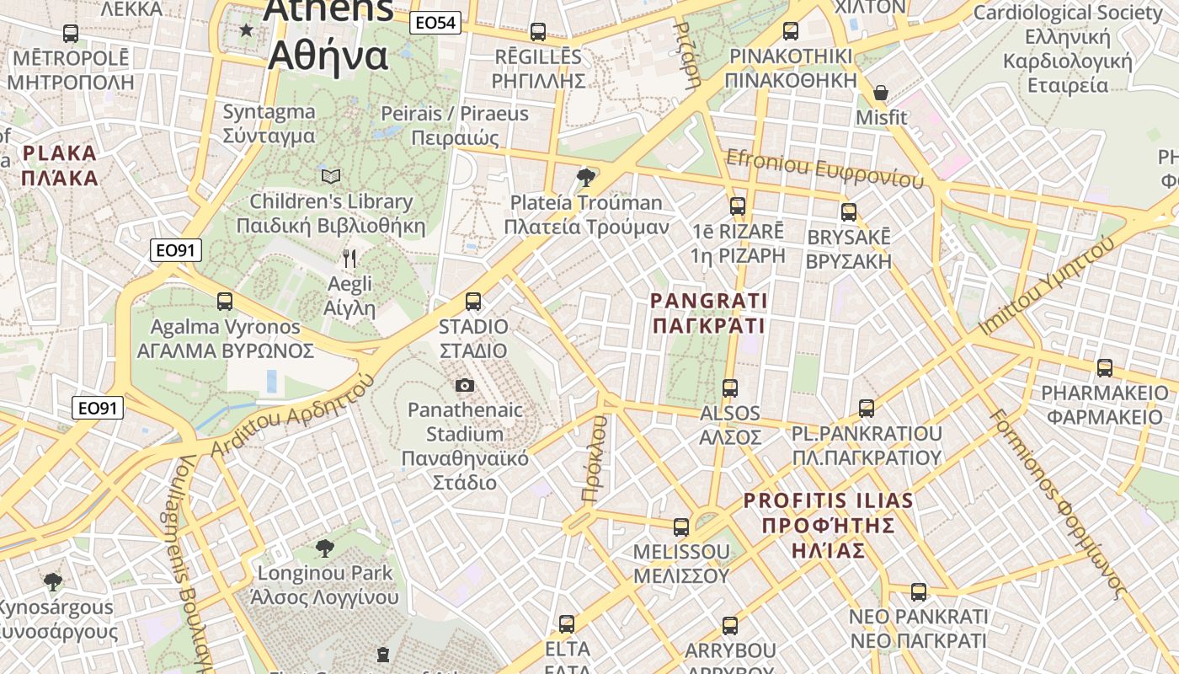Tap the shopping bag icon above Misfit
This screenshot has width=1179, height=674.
[881, 93]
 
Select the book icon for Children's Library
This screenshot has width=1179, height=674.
[331, 176]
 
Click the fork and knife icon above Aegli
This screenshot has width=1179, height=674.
[350, 259]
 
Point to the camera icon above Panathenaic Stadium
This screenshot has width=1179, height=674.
[464, 386]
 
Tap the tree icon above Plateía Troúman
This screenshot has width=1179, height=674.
[586, 177]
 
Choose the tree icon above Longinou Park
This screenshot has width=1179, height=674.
[324, 548]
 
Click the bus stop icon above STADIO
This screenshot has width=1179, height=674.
[473, 301]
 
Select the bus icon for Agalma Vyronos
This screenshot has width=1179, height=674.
[225, 301]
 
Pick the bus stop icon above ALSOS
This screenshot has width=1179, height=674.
[730, 388]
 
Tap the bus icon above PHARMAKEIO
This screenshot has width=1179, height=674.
[1104, 368]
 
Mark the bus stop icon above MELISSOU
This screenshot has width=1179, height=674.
[681, 527]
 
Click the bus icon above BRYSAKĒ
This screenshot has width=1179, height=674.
[849, 212]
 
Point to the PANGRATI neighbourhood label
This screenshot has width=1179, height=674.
[708, 313]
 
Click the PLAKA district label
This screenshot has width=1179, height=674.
[60, 165]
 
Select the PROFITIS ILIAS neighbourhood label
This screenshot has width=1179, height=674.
[828, 525]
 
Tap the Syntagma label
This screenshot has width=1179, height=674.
[269, 123]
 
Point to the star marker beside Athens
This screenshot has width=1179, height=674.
[246, 30]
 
